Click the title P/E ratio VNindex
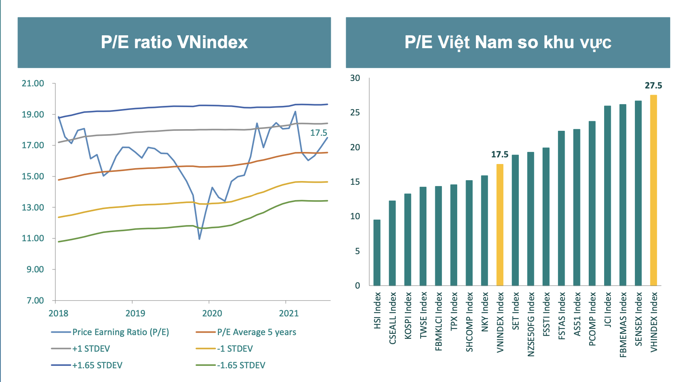pos(174,42)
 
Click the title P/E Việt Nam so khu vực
pos(508,42)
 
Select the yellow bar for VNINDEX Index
pos(500,225)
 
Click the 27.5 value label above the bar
pos(653,86)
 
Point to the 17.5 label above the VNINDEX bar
pos(500,154)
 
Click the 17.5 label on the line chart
pos(318,133)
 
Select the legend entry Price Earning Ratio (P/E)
pos(120,332)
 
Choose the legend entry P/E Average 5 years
pos(256,332)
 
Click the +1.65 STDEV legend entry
pos(97,365)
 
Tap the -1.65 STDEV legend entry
pos(240,365)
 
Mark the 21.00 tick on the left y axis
pos(33,83)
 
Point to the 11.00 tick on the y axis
pos(33,238)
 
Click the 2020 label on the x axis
pos(212,313)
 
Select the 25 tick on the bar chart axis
pos(355,113)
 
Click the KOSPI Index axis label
pos(408,316)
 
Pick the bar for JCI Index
pos(607,196)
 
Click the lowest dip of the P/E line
pos(199,239)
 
